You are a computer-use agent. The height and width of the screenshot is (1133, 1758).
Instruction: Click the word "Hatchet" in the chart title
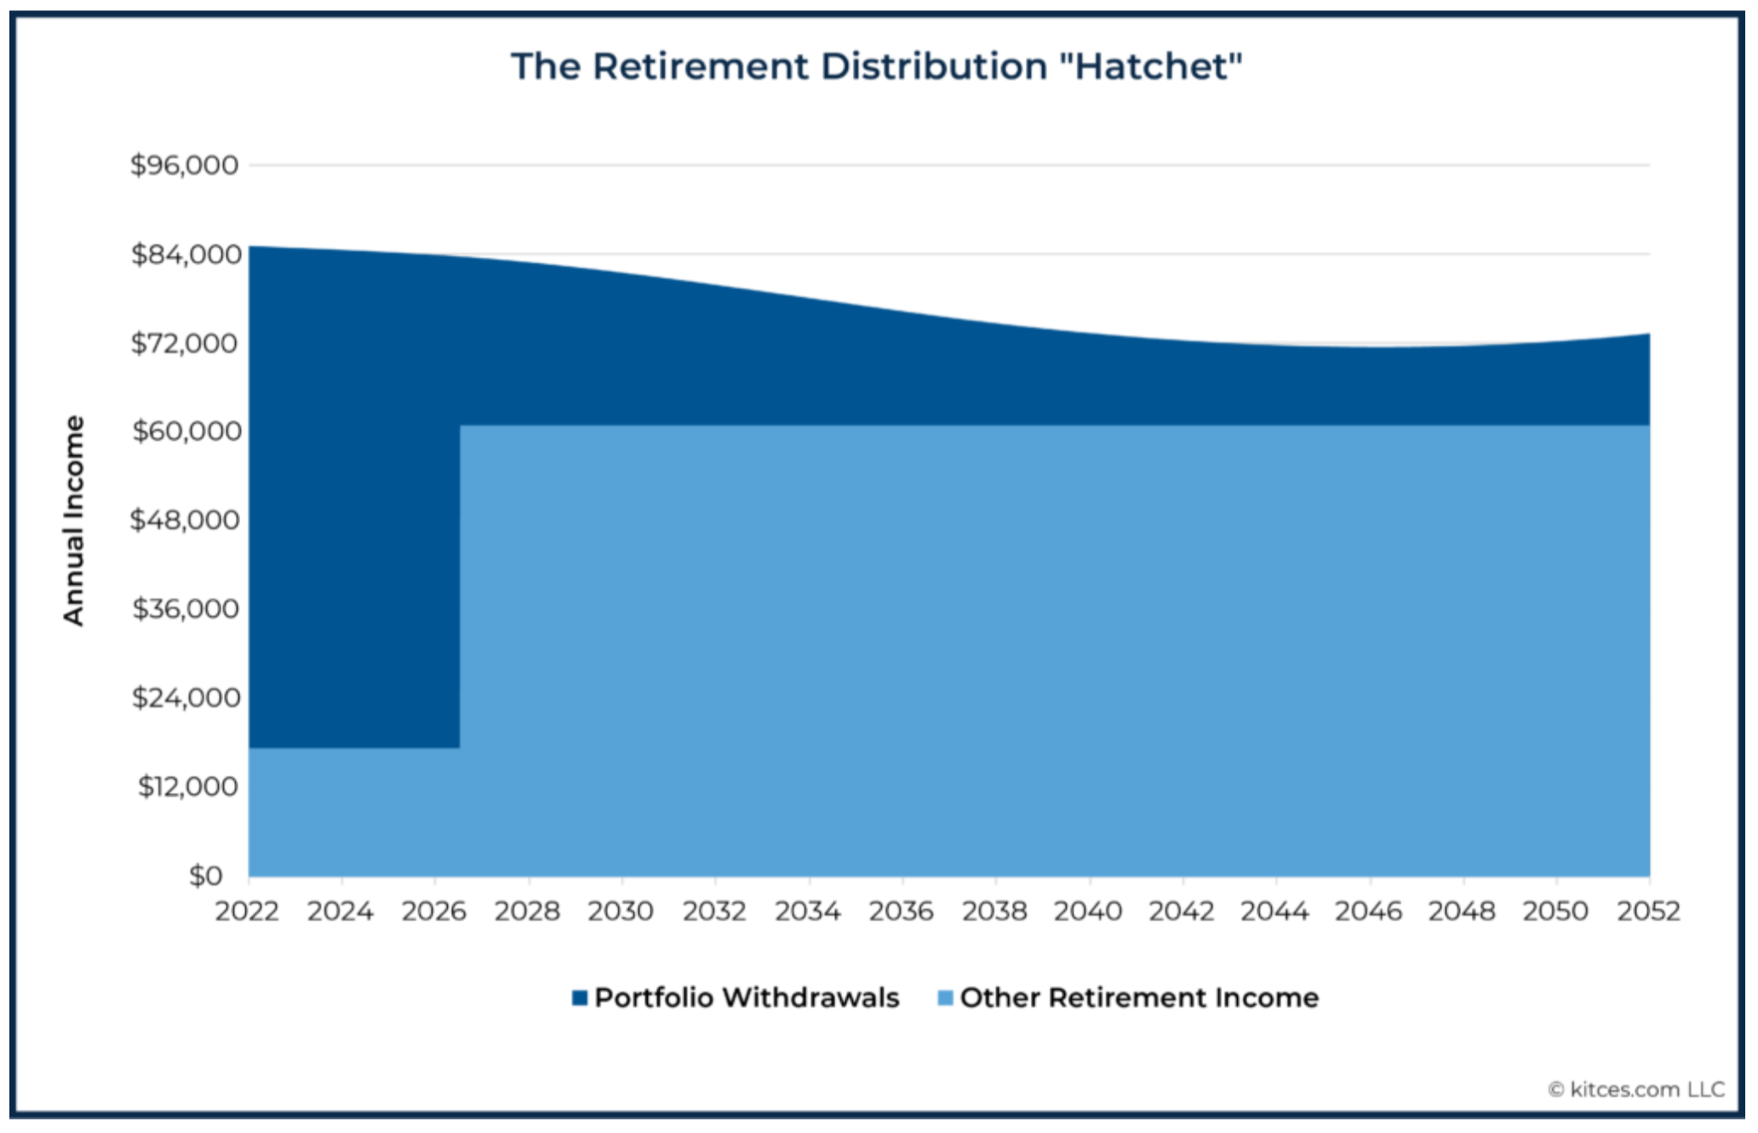point(1151,66)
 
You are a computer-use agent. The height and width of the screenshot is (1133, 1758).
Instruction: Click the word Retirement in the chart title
point(701,66)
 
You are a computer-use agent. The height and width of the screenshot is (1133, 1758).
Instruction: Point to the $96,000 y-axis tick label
point(184,164)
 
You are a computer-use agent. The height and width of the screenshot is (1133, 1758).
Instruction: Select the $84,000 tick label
point(186,254)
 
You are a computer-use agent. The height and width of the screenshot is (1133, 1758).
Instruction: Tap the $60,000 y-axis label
point(186,431)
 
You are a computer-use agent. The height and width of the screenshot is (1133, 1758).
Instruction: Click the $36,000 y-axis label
point(186,609)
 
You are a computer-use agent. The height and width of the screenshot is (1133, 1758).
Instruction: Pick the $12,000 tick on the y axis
point(188,786)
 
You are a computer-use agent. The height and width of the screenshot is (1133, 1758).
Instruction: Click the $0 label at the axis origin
point(205,875)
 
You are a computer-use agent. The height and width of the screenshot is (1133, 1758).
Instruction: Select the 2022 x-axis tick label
point(247,911)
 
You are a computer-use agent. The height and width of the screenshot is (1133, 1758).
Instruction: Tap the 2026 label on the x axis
point(434,911)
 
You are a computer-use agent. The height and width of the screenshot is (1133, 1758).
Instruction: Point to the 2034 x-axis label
point(807,911)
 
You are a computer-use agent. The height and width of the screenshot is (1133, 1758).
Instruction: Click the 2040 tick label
point(1087,911)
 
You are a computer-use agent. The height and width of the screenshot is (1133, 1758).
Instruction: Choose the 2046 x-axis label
point(1368,911)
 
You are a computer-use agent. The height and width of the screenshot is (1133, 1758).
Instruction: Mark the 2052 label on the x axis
point(1648,911)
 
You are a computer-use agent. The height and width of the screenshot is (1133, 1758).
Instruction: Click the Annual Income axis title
point(74,520)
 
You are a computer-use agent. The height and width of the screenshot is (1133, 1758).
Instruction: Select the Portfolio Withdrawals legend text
point(747,997)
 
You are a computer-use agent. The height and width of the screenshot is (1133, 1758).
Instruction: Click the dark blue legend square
point(580,998)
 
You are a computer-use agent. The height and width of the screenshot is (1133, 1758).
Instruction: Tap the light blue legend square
point(944,998)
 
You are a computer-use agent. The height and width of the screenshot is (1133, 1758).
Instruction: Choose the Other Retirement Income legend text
point(1139,997)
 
